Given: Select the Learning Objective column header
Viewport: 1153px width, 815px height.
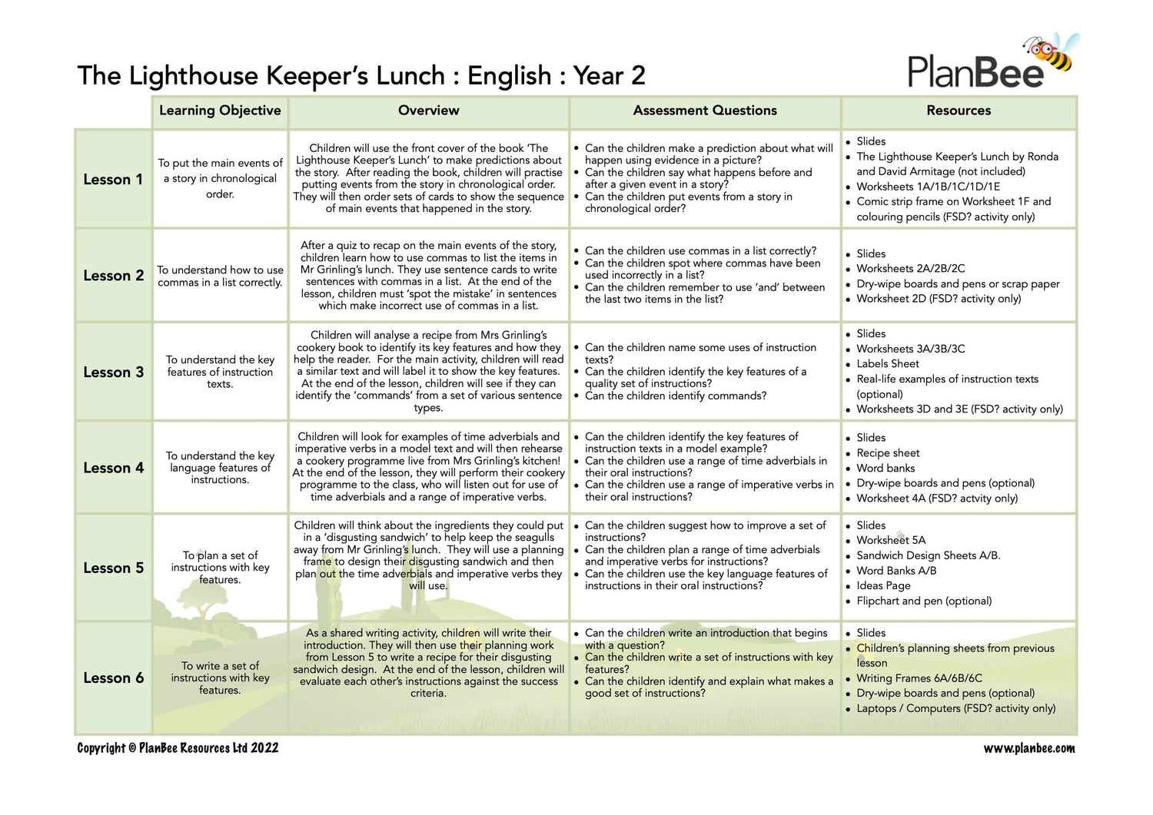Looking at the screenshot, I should tap(220, 111).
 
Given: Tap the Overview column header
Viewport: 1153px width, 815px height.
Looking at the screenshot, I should tap(428, 111).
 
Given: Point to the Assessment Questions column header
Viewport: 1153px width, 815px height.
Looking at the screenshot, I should tap(705, 111).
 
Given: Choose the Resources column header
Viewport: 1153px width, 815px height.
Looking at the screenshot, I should tap(959, 111).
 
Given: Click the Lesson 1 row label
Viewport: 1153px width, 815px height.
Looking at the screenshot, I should tap(113, 180).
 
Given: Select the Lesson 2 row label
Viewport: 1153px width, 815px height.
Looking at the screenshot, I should tap(113, 276).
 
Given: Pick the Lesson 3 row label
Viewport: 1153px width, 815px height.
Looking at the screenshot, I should tap(113, 373).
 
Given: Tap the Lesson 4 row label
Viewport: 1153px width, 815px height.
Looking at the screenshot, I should tap(113, 468).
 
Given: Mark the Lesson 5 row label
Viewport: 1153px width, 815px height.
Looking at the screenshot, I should tap(113, 568).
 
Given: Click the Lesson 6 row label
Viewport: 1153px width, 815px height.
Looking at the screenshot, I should tap(113, 678).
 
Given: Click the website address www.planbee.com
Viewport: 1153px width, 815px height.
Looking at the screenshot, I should tap(1029, 748).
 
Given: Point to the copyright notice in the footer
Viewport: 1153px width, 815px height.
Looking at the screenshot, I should tap(178, 748).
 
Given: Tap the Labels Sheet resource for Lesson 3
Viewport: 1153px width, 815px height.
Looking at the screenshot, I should tap(888, 364).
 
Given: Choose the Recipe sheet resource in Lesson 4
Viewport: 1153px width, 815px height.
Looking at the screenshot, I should tap(888, 453).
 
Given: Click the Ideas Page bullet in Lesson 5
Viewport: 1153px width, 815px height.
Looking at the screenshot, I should tap(883, 586).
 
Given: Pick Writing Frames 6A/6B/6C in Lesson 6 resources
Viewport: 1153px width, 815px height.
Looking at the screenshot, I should tap(919, 678).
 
